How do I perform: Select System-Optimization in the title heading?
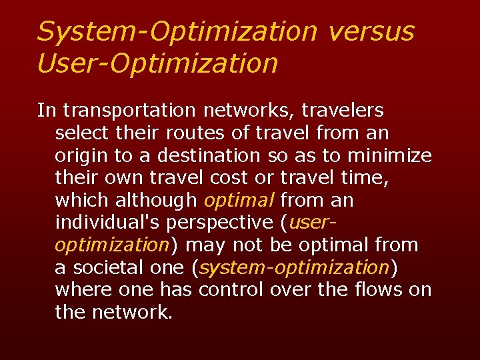click(x=177, y=31)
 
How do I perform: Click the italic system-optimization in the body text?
click(x=294, y=269)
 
